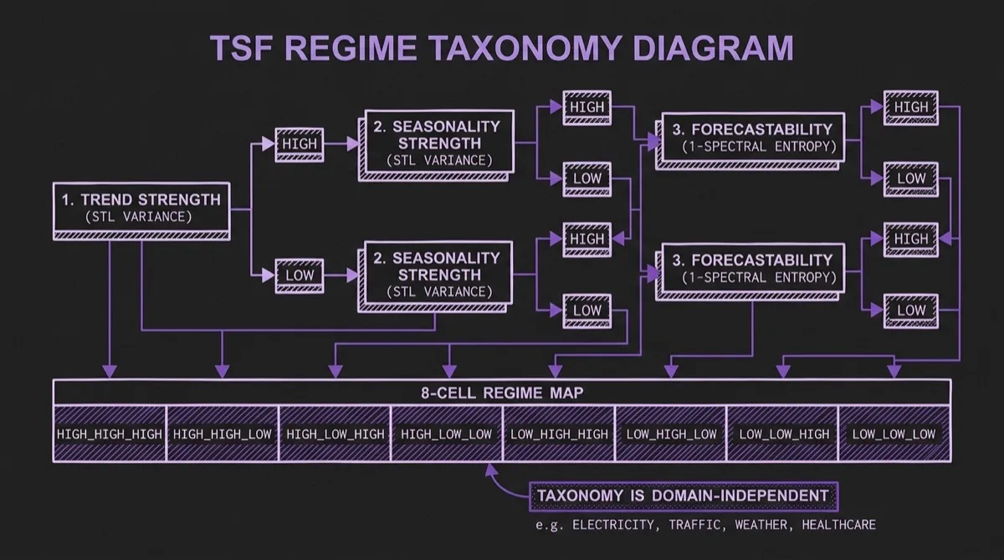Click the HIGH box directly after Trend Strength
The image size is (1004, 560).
tap(300, 144)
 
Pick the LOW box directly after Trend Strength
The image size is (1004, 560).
tap(300, 275)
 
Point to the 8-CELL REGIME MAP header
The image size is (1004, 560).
tap(502, 393)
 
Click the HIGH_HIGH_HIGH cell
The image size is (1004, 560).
tap(110, 434)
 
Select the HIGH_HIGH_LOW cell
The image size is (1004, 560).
tap(222, 434)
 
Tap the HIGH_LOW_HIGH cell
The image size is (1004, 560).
tap(335, 434)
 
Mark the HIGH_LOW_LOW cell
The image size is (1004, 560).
tap(447, 434)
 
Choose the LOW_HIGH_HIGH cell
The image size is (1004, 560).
tap(559, 434)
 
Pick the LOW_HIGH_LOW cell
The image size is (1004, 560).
tap(671, 434)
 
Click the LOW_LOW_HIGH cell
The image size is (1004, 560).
tap(783, 434)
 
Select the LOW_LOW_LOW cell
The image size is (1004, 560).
tap(894, 434)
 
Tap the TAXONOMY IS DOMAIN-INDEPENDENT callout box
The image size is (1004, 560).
tap(683, 496)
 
